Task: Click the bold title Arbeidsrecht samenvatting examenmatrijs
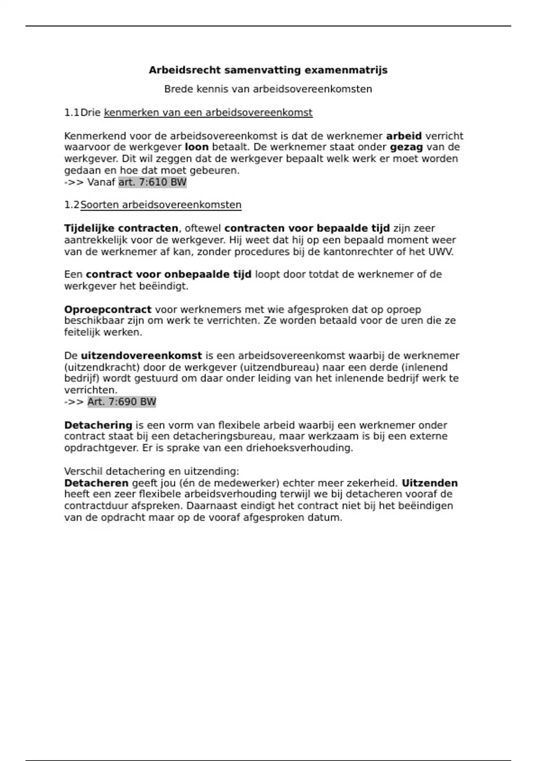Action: click(x=268, y=70)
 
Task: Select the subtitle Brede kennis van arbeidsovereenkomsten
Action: click(x=268, y=89)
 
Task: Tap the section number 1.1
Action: click(x=71, y=112)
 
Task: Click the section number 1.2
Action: click(x=71, y=205)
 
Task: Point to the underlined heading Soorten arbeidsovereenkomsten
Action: click(x=161, y=205)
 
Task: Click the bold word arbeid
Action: click(x=404, y=136)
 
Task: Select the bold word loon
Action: click(x=196, y=147)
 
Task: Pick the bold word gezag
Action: click(x=406, y=147)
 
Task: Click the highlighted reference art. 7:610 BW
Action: click(x=152, y=182)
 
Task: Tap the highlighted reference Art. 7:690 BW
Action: click(x=122, y=402)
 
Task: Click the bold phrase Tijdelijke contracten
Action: click(x=121, y=229)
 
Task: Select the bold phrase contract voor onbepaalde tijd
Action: click(x=168, y=274)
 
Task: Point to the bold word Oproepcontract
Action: click(x=108, y=310)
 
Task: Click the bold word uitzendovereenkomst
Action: click(x=141, y=356)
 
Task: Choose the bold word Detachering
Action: click(x=98, y=425)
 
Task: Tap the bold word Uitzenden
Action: click(x=430, y=483)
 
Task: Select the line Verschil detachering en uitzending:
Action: click(x=152, y=471)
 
